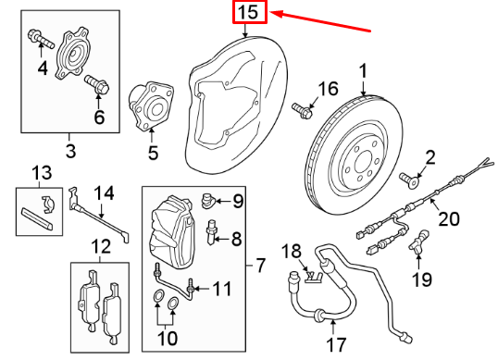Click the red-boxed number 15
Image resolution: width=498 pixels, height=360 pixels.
coord(248,13)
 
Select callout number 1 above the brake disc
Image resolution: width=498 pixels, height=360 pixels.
coord(364,70)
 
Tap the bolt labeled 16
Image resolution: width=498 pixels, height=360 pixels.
coord(301,110)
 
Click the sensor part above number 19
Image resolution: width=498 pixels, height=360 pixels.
coord(420,242)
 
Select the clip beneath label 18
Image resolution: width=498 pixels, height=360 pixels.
coord(310,275)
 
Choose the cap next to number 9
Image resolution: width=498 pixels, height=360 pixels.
coord(210,198)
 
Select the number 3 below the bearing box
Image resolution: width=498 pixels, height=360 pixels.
coord(70,147)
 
